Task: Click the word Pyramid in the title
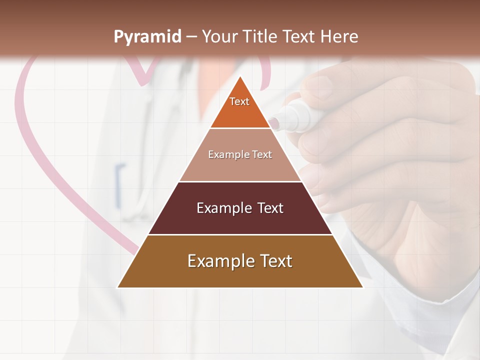tap(147, 37)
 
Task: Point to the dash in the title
tap(191, 37)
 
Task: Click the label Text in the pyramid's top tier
tap(239, 101)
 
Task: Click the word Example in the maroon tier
tap(223, 208)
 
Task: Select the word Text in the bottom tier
tap(275, 261)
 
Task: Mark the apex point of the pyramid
tap(240, 76)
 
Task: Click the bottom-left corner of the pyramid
tap(118, 287)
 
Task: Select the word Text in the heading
tap(299, 37)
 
